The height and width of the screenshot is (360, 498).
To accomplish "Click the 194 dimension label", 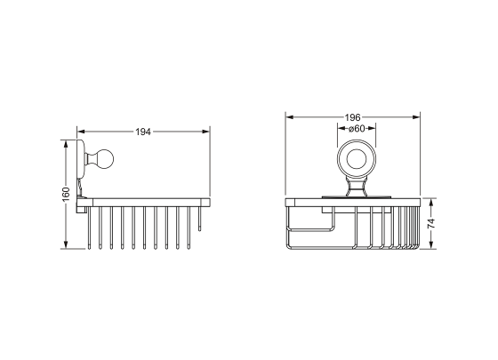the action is [143, 132].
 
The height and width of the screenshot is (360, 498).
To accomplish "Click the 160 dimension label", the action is [66, 195].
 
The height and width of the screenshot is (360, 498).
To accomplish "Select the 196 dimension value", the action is [352, 117].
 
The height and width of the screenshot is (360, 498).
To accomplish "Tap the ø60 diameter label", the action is [357, 129].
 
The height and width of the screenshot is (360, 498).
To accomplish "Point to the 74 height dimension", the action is [430, 223].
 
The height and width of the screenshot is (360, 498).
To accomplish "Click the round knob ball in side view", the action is [105, 158].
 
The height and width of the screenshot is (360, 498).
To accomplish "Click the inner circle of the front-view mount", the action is [357, 158].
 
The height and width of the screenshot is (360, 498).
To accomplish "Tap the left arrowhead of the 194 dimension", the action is [81, 132].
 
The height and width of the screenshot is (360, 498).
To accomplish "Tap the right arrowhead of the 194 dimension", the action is [205, 132].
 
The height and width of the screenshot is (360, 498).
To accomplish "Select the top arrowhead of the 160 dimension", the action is [66, 143].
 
